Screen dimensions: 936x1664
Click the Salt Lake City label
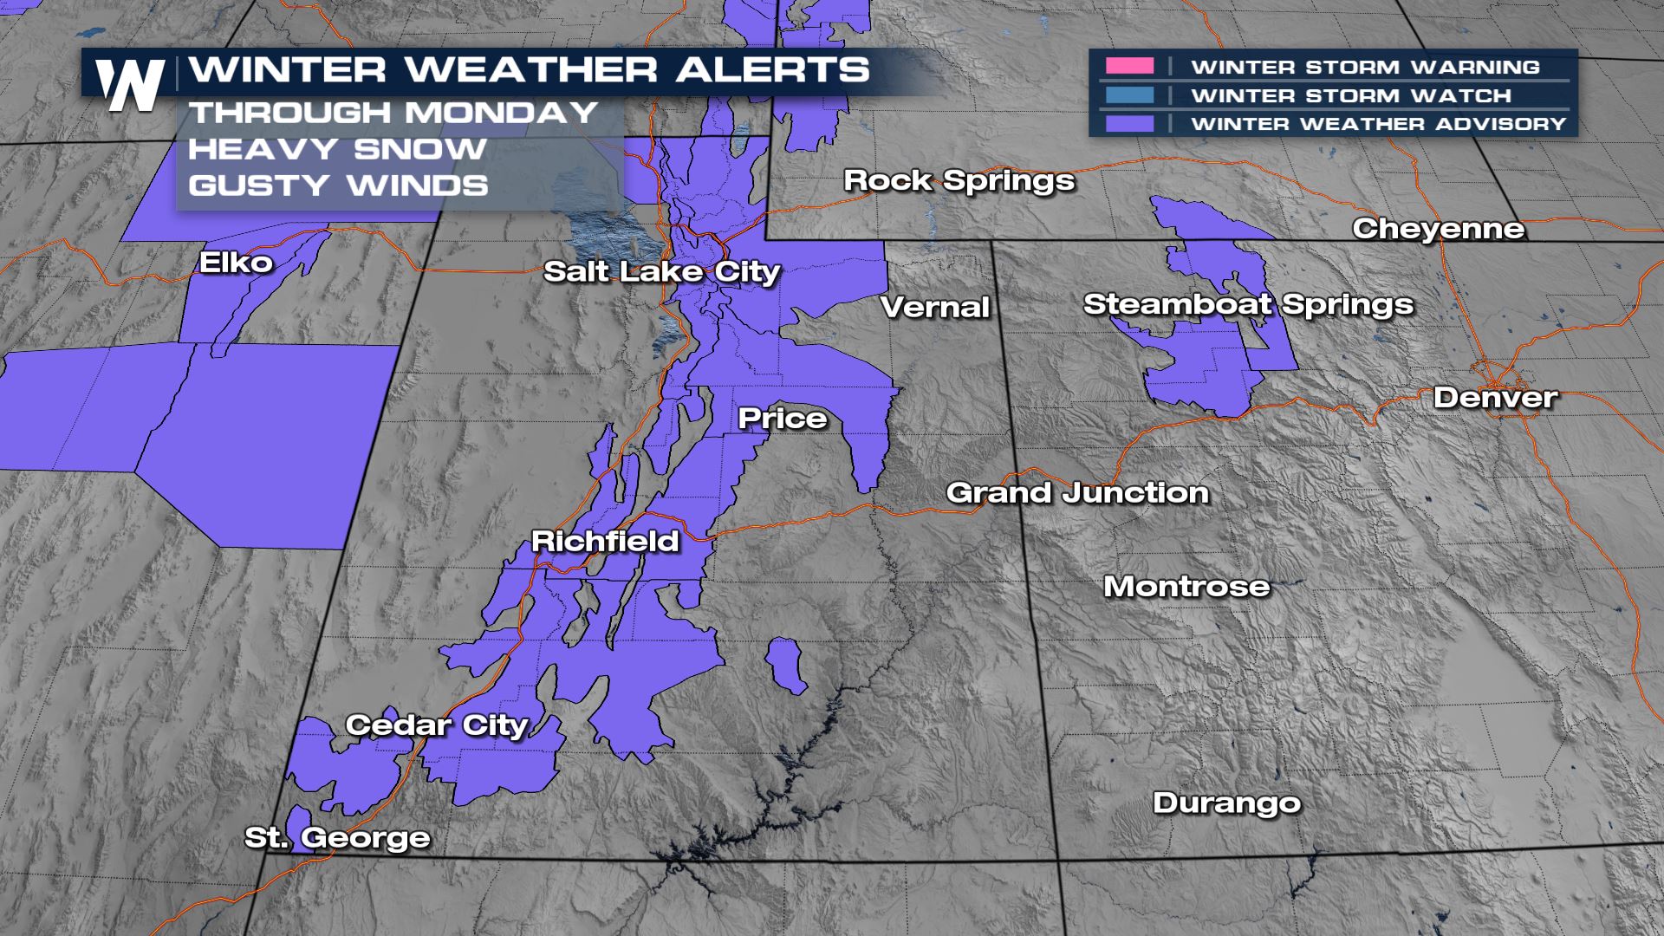point(662,272)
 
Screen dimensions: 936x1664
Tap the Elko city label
point(236,263)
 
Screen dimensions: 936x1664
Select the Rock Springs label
point(959,180)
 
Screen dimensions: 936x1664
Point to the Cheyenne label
point(1439,229)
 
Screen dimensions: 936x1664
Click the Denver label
point(1495,398)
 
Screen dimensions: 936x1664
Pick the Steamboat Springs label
point(1248,305)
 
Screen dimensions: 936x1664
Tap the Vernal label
point(935,307)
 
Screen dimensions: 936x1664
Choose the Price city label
point(783,419)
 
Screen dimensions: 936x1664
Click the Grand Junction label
point(1077,493)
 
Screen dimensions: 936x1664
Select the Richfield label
point(605,542)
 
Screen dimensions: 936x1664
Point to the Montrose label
point(1186,587)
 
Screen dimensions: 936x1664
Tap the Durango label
point(1226,803)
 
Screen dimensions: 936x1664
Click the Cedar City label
point(437,725)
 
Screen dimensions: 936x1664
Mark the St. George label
point(337,838)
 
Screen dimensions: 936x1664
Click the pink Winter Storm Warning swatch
point(1129,67)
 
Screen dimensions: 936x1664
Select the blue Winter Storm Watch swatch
point(1129,95)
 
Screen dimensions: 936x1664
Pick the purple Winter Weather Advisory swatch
point(1129,124)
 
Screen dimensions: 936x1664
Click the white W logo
point(130,85)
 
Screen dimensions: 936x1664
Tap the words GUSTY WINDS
point(338,185)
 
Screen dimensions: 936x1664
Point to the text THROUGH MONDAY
point(393,113)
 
